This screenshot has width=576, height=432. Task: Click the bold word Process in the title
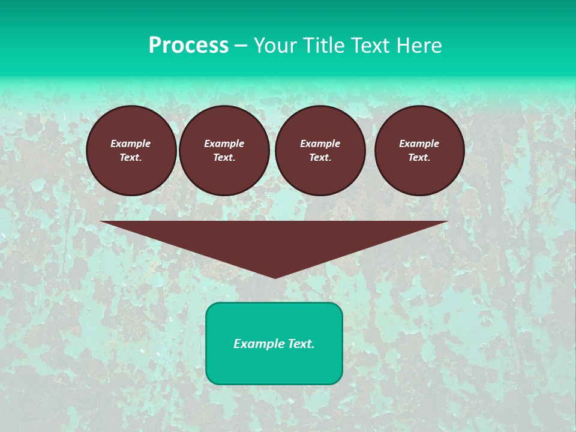(188, 46)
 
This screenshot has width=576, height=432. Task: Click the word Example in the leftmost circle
(131, 143)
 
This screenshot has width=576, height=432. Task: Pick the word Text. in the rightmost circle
(419, 157)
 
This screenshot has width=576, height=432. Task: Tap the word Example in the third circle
(320, 143)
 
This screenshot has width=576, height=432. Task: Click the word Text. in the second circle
(224, 157)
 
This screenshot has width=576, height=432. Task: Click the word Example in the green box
(257, 344)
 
